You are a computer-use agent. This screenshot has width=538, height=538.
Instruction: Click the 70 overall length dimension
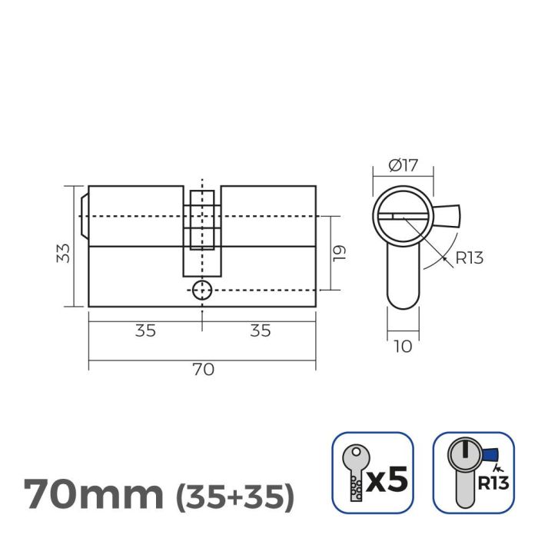point(202,370)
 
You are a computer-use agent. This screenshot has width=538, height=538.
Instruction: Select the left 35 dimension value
point(145,330)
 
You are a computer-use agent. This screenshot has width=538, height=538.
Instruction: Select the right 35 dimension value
point(261,330)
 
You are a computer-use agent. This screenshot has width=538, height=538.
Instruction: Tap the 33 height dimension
point(64,253)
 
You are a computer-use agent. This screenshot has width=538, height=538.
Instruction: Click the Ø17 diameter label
point(403,164)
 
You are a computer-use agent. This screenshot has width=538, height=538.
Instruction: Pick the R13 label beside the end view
point(469,257)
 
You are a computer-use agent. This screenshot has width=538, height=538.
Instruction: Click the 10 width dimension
point(403,347)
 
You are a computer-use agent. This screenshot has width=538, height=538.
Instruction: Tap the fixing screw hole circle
point(202,290)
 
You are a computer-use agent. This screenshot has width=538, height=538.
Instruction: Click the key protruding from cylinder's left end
point(85,216)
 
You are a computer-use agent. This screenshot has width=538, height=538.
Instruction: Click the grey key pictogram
point(354,472)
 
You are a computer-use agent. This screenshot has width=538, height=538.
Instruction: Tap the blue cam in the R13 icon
point(489,454)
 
